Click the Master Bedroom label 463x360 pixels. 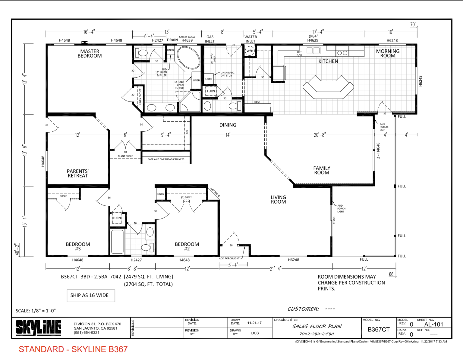pyautogui.click(x=90, y=54)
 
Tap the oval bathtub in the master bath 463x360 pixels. pyautogui.click(x=188, y=58)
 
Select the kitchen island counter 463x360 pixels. pyautogui.click(x=328, y=87)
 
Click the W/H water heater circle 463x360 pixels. pyautogui.click(x=250, y=51)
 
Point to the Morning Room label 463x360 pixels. pyautogui.click(x=388, y=53)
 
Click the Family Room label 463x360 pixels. pyautogui.click(x=322, y=170)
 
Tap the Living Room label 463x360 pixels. pyautogui.click(x=278, y=199)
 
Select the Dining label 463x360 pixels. pyautogui.click(x=228, y=125)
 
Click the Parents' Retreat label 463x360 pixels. pyautogui.click(x=77, y=173)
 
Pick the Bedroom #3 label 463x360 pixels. pyautogui.click(x=78, y=246)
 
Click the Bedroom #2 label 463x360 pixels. pyautogui.click(x=187, y=246)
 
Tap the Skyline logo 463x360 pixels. pyautogui.click(x=38, y=327)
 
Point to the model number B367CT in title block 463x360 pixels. pyautogui.click(x=378, y=330)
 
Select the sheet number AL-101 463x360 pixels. pyautogui.click(x=433, y=324)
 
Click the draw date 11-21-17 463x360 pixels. pyautogui.click(x=254, y=323)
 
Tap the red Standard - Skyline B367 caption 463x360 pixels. pyautogui.click(x=73, y=349)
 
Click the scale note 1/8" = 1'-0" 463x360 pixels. pyautogui.click(x=36, y=311)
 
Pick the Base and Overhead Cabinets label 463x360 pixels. pyautogui.click(x=166, y=159)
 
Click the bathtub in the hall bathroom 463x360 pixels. pyautogui.click(x=117, y=242)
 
